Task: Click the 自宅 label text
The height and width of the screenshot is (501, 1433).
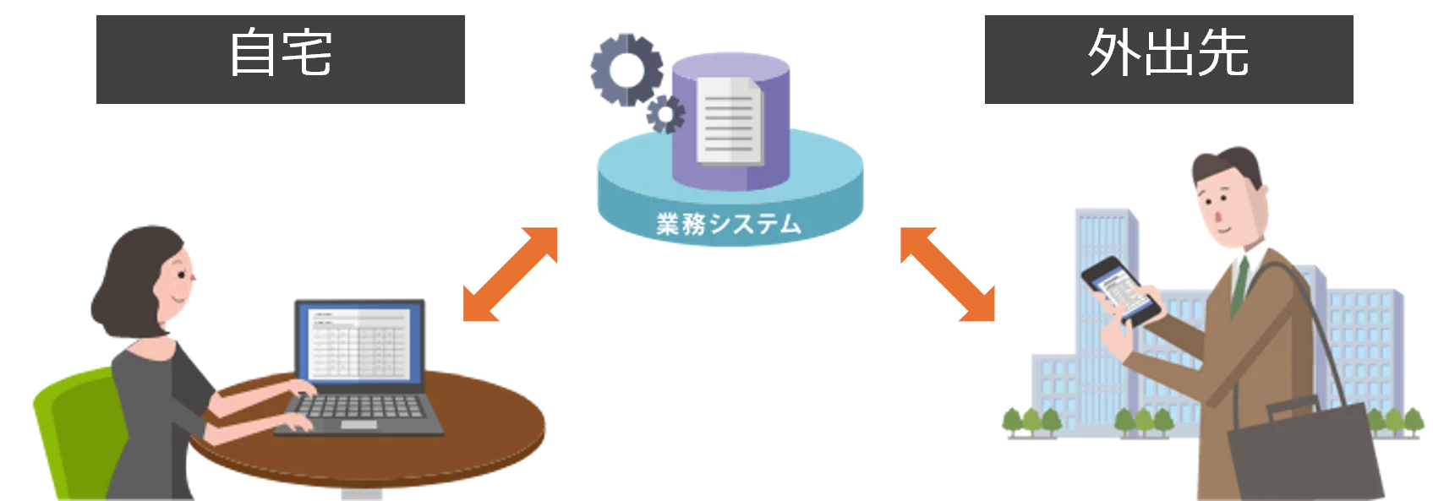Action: pos(280,54)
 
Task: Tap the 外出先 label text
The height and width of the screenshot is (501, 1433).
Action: pos(1168,54)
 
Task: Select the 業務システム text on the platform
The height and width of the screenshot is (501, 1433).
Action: pos(728,224)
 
